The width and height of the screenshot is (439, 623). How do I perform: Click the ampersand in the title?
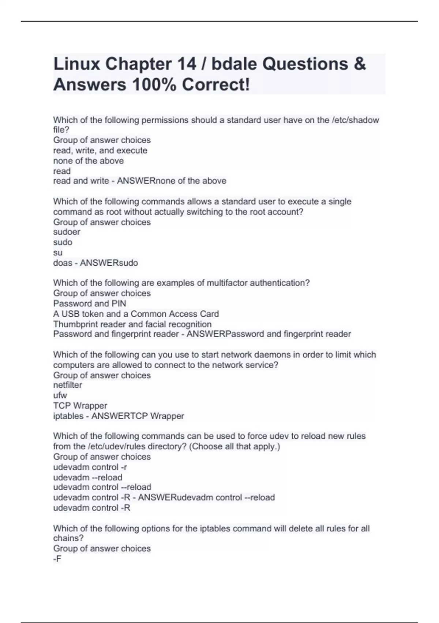click(360, 64)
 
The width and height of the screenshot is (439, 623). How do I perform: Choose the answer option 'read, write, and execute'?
click(100, 150)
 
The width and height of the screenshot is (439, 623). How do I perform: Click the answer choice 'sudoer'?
click(67, 232)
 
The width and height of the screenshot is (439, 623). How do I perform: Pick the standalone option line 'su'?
click(58, 252)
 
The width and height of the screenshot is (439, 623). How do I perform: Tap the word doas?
click(63, 263)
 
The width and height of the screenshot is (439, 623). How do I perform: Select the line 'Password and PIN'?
click(90, 303)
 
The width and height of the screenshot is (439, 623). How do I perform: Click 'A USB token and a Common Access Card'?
click(136, 314)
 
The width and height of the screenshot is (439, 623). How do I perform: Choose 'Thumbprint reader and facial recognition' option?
click(132, 324)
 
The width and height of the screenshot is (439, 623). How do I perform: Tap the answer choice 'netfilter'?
click(68, 385)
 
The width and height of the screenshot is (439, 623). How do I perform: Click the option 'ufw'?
click(60, 395)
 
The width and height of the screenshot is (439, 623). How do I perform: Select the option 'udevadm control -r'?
click(90, 467)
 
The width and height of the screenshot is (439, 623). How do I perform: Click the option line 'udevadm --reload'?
click(87, 477)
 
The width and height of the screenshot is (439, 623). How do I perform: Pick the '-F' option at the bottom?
click(57, 559)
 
